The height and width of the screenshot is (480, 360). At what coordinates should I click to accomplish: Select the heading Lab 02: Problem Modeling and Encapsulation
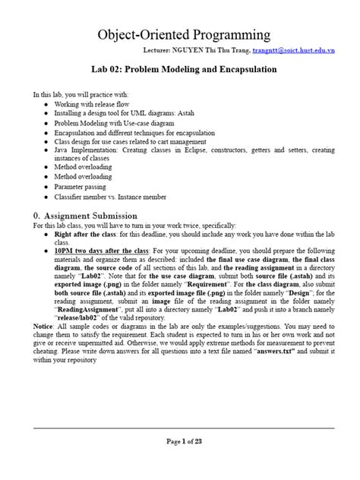[180, 69]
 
